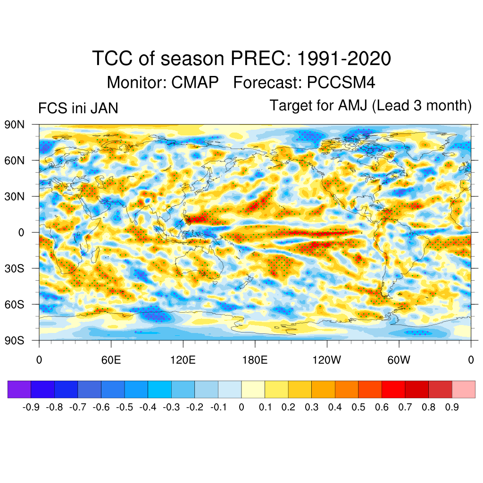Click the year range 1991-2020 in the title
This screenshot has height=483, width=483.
pos(344,59)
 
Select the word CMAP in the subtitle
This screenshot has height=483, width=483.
pos(195,83)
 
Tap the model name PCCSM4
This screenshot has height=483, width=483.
pos(341,83)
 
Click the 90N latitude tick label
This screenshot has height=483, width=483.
pos(15,125)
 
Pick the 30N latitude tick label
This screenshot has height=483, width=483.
pos(15,196)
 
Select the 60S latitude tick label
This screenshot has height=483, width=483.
pos(15,304)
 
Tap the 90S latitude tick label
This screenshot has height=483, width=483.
pos(15,340)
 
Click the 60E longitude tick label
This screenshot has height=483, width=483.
pos(111,360)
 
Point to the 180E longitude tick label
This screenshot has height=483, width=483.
pos(255,360)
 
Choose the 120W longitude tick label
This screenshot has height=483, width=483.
pos(327,360)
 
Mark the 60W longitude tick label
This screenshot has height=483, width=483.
pos(399,360)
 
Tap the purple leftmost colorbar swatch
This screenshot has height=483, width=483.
pos(19,389)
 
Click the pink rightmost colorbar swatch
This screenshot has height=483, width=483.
pos(464,389)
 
